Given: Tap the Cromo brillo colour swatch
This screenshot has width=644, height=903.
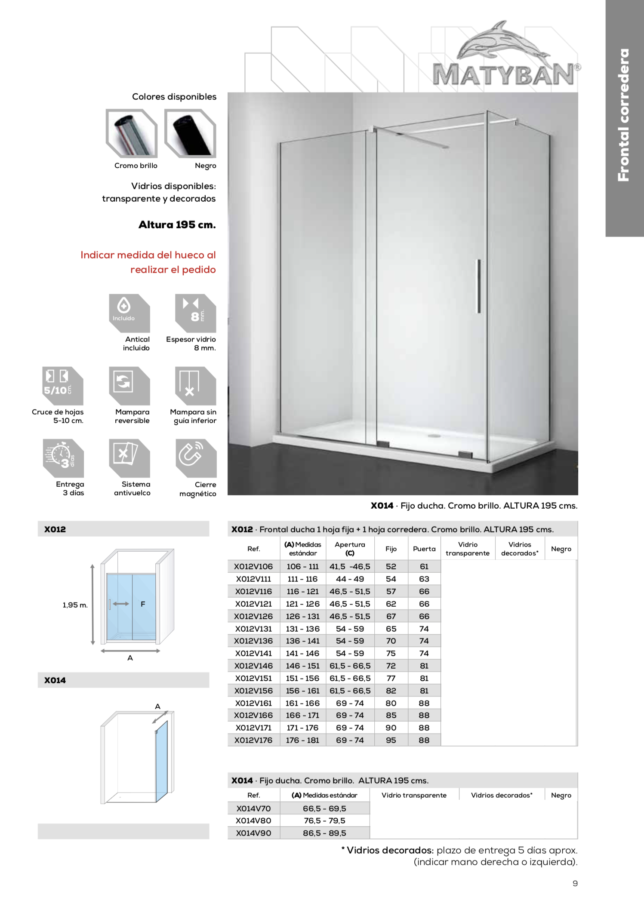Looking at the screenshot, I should point(132,133).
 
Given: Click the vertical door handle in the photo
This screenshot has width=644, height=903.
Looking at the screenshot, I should point(479,286).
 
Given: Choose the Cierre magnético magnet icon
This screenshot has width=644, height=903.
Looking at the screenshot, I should point(196,458).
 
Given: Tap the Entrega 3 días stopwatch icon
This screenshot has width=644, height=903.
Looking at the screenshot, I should point(63,458).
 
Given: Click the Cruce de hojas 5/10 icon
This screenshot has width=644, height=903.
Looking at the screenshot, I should point(62,385).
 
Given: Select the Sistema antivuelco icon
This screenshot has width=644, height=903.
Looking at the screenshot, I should point(129,458).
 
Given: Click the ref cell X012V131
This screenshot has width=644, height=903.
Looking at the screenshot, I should point(253,629).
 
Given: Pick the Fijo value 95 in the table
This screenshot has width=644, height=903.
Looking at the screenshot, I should point(391,740).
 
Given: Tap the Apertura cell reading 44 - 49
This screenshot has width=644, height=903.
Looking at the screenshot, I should point(350,579).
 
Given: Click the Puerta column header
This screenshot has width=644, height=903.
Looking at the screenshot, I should point(424,549).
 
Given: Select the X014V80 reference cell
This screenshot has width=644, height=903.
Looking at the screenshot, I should point(253,820).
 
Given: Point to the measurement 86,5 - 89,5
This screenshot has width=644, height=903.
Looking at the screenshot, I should point(324,833).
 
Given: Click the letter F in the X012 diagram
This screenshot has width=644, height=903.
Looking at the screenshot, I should point(143,604).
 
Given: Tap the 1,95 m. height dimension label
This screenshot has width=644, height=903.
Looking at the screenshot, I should point(75,605).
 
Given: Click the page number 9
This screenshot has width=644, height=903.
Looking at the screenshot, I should point(575,883).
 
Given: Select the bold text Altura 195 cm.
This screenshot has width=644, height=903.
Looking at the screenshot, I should point(177,225).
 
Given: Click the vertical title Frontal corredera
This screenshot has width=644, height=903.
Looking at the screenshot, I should point(623,115).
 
